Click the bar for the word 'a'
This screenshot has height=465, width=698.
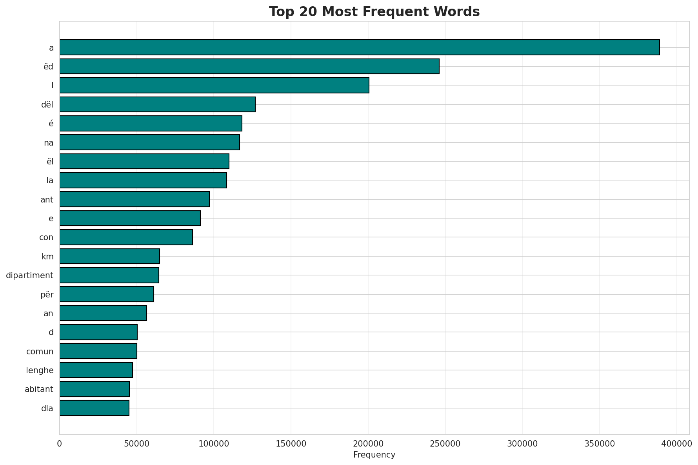tap(359, 47)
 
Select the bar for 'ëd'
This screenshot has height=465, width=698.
tap(249, 66)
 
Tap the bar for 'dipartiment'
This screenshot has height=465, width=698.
tap(109, 275)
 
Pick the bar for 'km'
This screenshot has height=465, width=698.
tap(110, 256)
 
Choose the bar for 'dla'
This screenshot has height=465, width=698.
tap(95, 408)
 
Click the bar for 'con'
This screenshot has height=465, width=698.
tap(126, 237)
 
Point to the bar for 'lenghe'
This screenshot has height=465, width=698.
tap(96, 370)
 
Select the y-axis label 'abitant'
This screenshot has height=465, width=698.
tap(39, 389)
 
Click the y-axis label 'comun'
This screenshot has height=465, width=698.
tap(40, 351)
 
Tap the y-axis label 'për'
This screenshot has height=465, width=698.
tap(47, 294)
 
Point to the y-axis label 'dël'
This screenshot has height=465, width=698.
tap(47, 105)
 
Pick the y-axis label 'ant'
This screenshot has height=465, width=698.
tap(47, 200)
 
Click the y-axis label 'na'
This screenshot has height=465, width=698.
tap(49, 143)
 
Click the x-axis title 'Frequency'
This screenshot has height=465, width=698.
tap(374, 455)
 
